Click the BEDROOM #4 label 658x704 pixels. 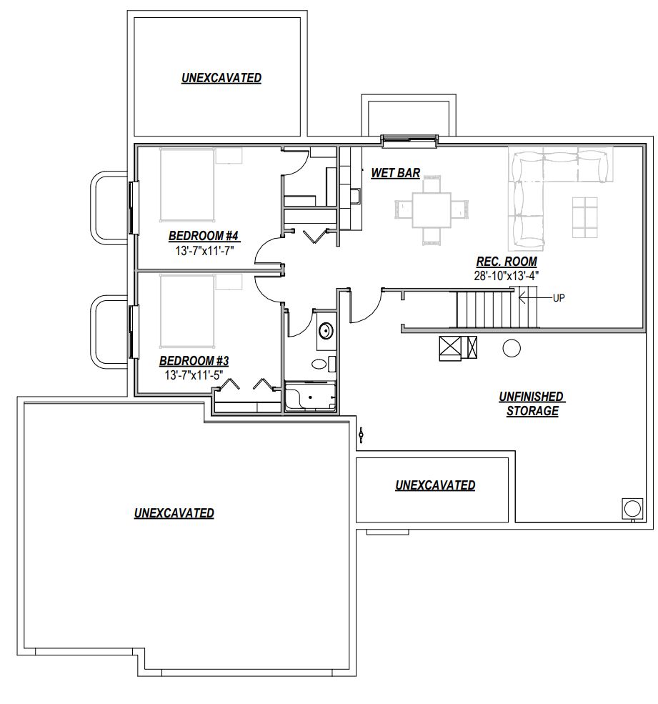(x=204, y=236)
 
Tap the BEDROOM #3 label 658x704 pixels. (x=194, y=361)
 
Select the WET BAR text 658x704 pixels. (x=395, y=173)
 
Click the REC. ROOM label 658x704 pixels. (x=507, y=262)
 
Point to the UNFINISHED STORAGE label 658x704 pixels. (x=532, y=404)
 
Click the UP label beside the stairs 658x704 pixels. (x=559, y=297)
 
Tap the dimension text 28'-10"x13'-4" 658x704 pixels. (x=507, y=275)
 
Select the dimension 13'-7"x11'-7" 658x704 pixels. (x=204, y=250)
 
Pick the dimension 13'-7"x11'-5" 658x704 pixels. (x=194, y=375)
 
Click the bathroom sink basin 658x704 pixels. (x=326, y=332)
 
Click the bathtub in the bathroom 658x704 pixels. (x=310, y=397)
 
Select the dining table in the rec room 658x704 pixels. (x=432, y=209)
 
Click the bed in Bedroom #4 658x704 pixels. (x=187, y=185)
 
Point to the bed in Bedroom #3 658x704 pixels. (x=187, y=311)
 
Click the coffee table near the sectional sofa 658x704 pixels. (x=585, y=217)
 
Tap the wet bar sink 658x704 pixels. (x=355, y=197)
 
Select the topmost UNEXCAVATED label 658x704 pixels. (x=221, y=78)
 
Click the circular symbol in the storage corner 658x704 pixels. (x=632, y=509)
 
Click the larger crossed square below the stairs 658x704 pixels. (x=450, y=348)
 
